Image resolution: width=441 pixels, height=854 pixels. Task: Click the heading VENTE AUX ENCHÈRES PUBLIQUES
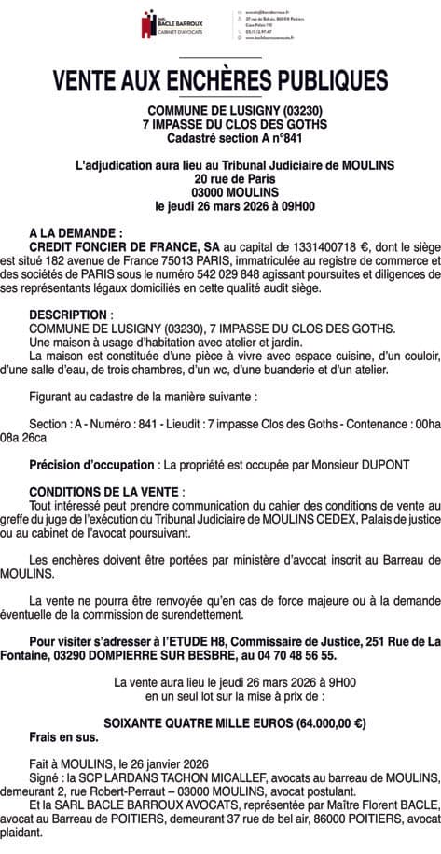(x=221, y=80)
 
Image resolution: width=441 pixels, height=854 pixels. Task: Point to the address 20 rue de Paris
(x=221, y=177)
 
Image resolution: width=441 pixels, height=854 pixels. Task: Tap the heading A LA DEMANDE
(x=76, y=228)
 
